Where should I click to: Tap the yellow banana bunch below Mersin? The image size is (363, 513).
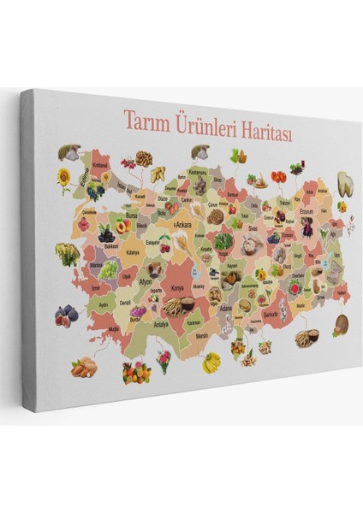(x=211, y=363)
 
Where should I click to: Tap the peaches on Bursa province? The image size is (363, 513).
(x=124, y=226)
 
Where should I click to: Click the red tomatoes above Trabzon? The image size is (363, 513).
(x=279, y=177)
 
